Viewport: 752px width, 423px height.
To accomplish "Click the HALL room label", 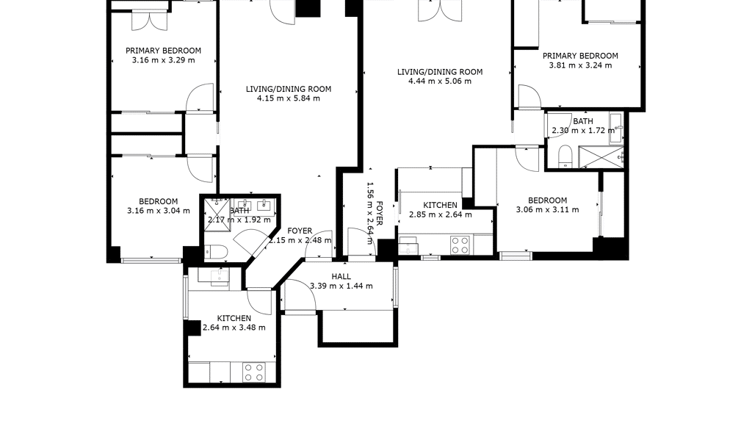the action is (341, 277).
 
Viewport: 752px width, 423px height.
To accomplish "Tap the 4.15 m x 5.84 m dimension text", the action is (289, 98).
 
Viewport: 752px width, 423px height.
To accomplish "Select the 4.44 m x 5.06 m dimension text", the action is (440, 81).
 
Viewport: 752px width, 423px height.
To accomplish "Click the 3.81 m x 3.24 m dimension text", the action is (580, 65).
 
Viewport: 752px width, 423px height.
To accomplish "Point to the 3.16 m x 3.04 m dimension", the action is (159, 211).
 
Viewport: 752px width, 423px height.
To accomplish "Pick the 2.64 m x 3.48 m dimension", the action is (234, 328).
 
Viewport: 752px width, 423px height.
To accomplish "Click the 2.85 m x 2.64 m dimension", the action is (441, 214).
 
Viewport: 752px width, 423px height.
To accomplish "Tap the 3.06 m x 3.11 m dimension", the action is (547, 209).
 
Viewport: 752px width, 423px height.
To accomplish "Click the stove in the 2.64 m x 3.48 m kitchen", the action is (254, 372).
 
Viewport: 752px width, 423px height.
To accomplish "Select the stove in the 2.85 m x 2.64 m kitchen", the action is (460, 245).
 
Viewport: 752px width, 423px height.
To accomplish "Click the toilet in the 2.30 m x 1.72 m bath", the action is (565, 157).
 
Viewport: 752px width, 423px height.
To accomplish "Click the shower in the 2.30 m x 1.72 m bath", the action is (601, 157).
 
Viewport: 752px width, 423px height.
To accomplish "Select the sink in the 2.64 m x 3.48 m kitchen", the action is (220, 277).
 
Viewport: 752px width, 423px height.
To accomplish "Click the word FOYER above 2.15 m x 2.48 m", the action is (300, 231).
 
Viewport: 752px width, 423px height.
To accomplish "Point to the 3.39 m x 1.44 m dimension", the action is (341, 286).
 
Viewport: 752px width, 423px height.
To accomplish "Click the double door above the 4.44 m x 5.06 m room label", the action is (441, 10).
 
